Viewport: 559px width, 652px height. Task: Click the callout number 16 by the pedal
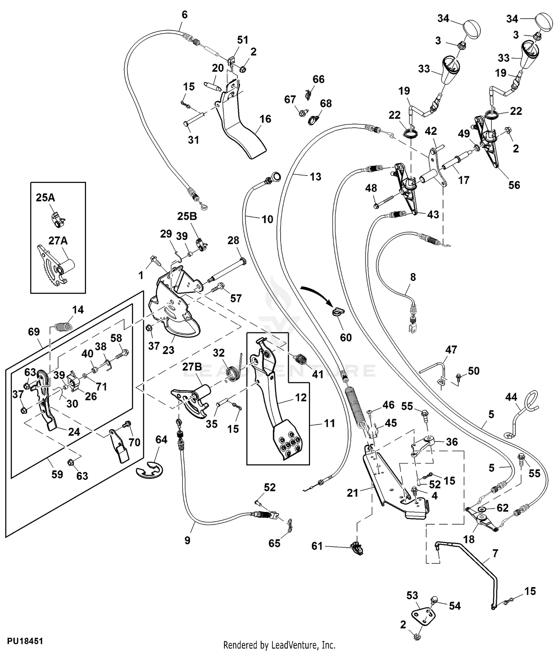(x=265, y=119)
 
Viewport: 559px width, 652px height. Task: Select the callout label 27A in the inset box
(x=58, y=241)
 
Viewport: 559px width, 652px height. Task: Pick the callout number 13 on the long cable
(x=315, y=177)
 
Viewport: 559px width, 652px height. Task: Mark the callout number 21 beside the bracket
(x=352, y=493)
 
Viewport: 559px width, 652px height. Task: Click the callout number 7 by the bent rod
(x=495, y=553)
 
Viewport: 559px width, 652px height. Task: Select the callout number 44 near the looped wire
(x=511, y=397)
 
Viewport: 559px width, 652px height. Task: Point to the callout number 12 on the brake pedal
(x=301, y=398)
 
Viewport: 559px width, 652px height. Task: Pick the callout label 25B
(x=187, y=216)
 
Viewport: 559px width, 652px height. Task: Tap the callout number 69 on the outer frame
(x=34, y=332)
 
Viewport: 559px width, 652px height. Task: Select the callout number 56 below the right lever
(x=514, y=185)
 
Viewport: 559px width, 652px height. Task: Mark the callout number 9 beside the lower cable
(x=187, y=540)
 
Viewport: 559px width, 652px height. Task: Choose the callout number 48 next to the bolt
(x=371, y=188)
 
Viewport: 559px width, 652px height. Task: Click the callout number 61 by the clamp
(x=317, y=546)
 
